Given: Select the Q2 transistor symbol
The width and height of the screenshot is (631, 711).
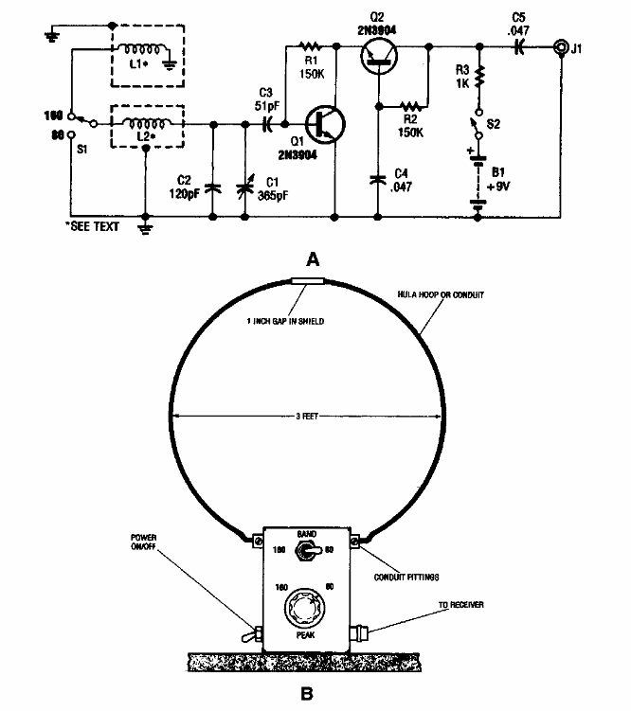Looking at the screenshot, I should (380, 57).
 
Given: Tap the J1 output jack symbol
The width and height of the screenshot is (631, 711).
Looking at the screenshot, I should (562, 44).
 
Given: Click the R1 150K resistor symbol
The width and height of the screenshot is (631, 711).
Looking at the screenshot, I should (310, 44).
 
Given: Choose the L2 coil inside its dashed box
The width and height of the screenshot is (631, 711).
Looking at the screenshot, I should (144, 122).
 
